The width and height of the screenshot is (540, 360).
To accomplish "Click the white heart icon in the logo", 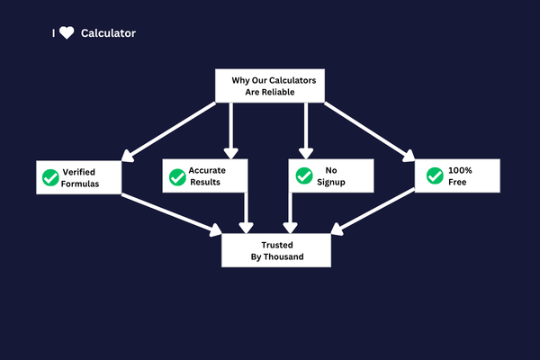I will coord(67,33).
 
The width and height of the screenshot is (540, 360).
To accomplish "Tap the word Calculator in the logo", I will coord(108,33).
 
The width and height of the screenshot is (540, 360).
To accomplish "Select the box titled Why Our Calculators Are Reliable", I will coord(269,85).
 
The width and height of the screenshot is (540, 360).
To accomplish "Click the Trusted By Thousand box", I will coord(277,249).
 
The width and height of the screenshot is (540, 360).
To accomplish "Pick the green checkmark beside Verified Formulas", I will coord(50,177).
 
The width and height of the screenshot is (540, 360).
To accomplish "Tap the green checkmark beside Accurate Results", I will coord(177,176).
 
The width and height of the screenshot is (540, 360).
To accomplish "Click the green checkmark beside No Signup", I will coord(303,176).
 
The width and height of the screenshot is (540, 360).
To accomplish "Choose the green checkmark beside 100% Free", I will coord(434,175).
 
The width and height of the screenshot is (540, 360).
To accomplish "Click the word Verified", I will coord(79,171).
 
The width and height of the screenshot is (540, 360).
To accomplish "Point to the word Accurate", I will coord(207,169).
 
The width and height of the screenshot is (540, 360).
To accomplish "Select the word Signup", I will coord(331,182).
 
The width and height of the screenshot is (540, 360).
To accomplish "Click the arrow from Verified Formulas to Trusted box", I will coord(171,213).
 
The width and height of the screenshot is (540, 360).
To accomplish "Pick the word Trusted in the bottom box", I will coord(277,243).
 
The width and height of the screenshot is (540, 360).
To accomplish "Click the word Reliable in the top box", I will coord(290,92).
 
